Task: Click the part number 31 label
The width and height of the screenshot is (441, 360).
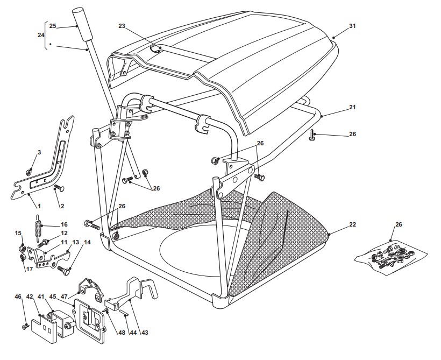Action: click(353, 26)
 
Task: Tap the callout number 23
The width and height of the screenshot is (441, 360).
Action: click(122, 26)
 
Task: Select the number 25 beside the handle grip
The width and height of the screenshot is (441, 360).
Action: click(53, 26)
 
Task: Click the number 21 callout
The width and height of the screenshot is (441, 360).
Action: click(352, 107)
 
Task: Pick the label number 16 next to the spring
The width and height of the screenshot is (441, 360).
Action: click(63, 224)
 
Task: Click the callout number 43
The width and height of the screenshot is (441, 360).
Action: click(144, 333)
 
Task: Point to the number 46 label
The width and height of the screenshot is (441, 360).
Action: click(18, 297)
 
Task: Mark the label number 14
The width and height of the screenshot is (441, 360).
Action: click(87, 243)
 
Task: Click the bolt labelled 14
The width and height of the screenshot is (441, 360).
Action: click(65, 270)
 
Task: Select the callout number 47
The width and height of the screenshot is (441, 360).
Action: click(64, 297)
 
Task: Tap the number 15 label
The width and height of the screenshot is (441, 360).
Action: click(18, 234)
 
